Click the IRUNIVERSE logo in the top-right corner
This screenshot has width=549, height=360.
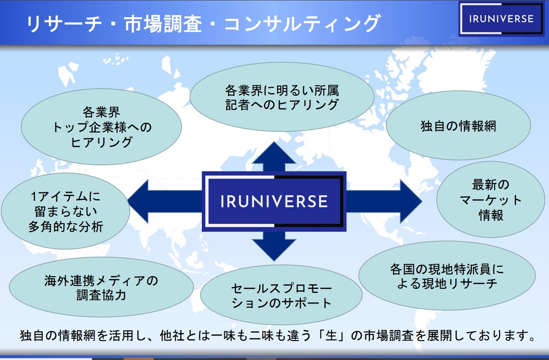click(501, 19)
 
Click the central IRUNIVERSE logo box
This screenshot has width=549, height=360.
click(274, 201)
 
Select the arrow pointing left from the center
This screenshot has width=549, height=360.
click(164, 201)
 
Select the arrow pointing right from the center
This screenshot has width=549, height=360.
click(385, 201)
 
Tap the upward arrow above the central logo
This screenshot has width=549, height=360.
click(274, 155)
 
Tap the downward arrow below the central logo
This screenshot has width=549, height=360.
click(274, 245)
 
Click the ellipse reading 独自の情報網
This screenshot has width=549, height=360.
click(458, 126)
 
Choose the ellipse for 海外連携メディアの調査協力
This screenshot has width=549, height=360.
click(101, 288)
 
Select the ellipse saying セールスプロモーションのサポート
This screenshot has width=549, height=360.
click(281, 295)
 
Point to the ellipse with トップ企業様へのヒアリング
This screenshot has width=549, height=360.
click(101, 127)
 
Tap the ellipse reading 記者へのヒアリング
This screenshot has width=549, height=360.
click(282, 97)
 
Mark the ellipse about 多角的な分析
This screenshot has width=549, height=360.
click(66, 211)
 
